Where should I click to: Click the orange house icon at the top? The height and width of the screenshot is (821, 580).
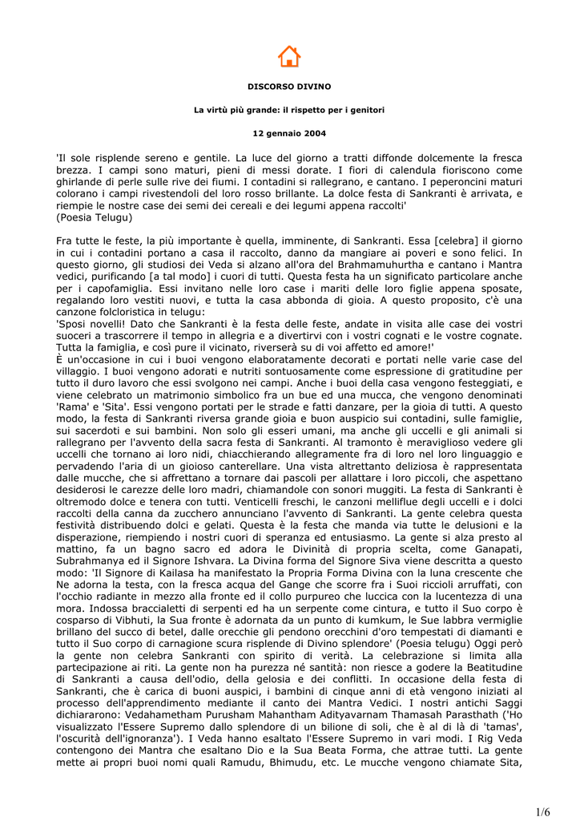tap(289, 56)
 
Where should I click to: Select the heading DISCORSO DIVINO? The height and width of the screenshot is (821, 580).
tap(289, 86)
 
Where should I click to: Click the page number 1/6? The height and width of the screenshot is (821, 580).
tap(543, 811)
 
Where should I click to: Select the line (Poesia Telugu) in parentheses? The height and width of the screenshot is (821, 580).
tap(95, 216)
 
